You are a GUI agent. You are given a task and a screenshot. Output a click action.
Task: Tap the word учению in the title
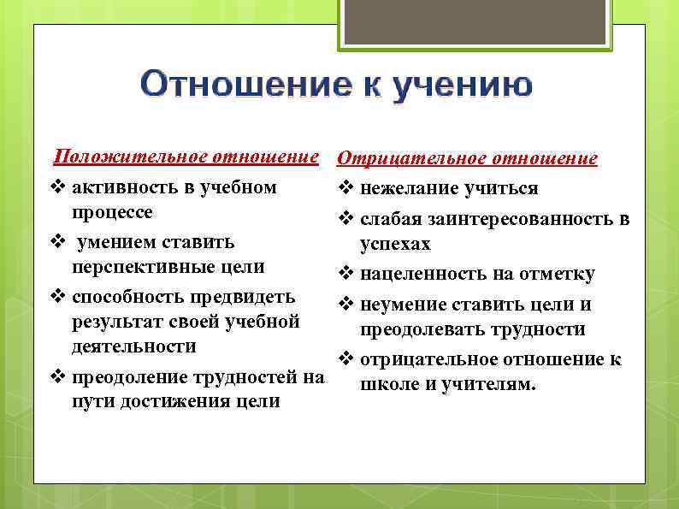pyautogui.click(x=463, y=86)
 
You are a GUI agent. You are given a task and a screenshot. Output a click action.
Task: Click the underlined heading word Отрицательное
pyautogui.click(x=402, y=158)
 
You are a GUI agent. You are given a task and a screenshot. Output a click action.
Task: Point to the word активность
pyautogui.click(x=121, y=187)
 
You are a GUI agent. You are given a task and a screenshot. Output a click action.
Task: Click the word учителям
pyautogui.click(x=490, y=384)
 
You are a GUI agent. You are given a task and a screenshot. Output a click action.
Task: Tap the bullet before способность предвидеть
pyautogui.click(x=58, y=297)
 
